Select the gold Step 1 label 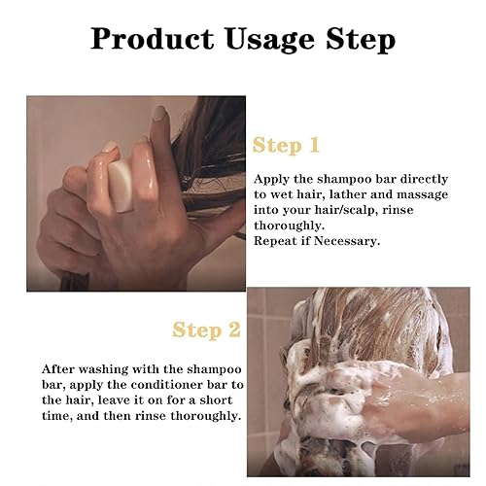coord(285,147)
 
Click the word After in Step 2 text coord(58,370)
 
